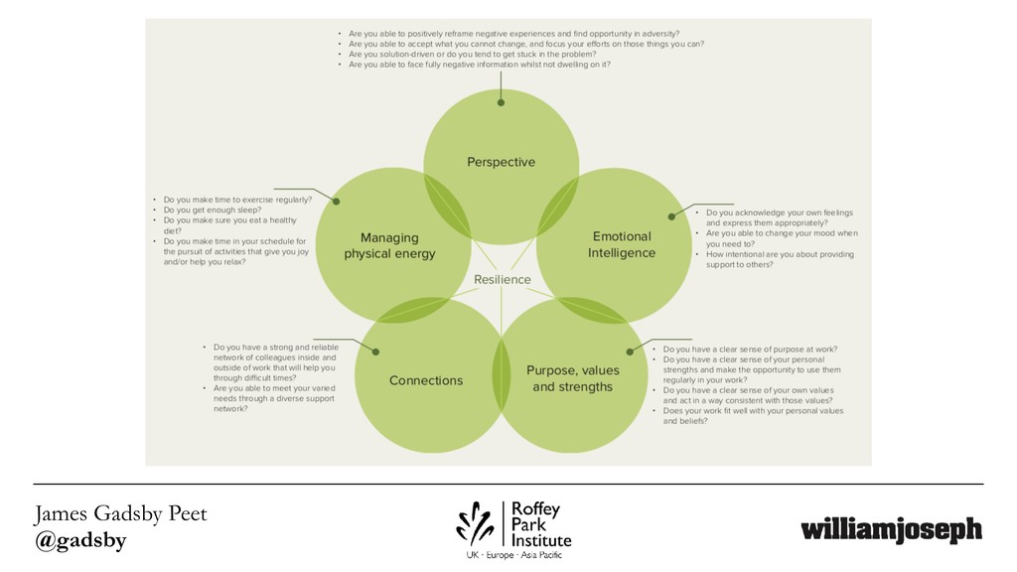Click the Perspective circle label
[x=501, y=162]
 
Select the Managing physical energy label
[x=389, y=245]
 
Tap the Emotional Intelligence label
[x=622, y=244]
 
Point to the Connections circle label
[x=426, y=380]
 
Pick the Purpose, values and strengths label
[x=572, y=378]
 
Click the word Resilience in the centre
[x=502, y=280]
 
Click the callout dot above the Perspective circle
[x=501, y=101]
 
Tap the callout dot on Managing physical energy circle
[x=336, y=202]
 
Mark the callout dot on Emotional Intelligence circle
[x=672, y=216]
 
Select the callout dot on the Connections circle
[x=375, y=351]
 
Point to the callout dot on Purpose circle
[x=630, y=351]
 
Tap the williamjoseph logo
[x=891, y=530]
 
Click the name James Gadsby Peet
[x=120, y=514]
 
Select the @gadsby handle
[x=80, y=540]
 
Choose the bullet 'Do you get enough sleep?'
[x=213, y=210]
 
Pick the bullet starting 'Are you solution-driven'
[x=472, y=55]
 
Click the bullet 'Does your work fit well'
[x=753, y=410]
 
